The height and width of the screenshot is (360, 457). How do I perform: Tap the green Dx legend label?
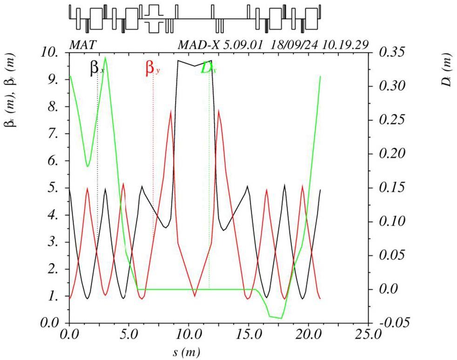208,68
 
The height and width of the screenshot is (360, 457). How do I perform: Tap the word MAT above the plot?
84,45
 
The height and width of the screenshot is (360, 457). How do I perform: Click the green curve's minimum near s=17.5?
281,318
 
